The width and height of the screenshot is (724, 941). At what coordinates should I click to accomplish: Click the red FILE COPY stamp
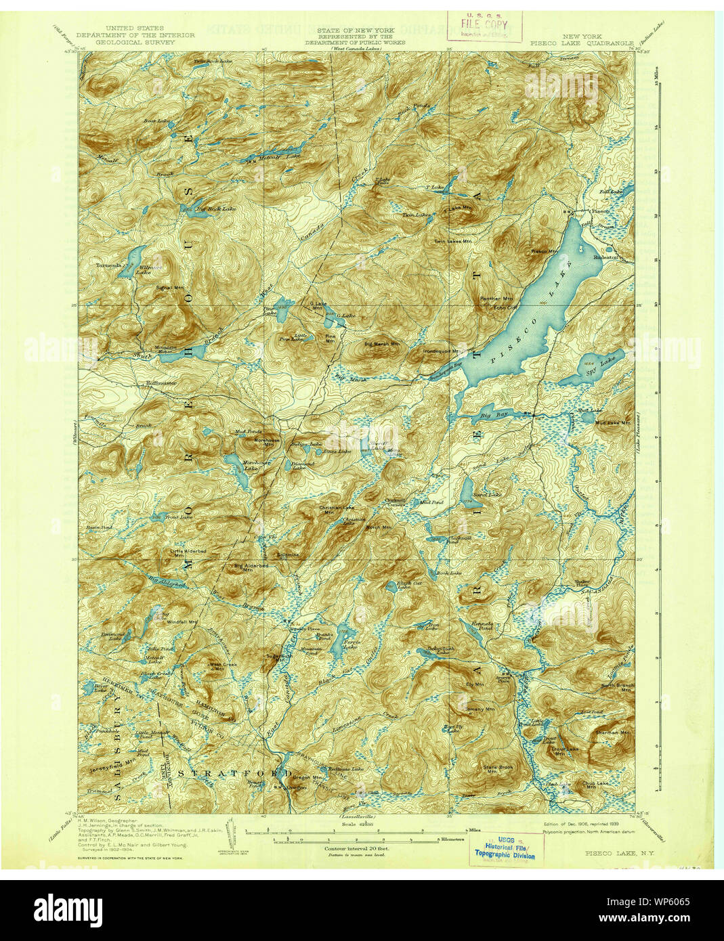[x=484, y=26]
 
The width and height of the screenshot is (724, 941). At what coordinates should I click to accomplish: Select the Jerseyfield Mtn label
[x=112, y=770]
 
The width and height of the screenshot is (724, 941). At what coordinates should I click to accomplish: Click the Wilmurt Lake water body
[x=135, y=257]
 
